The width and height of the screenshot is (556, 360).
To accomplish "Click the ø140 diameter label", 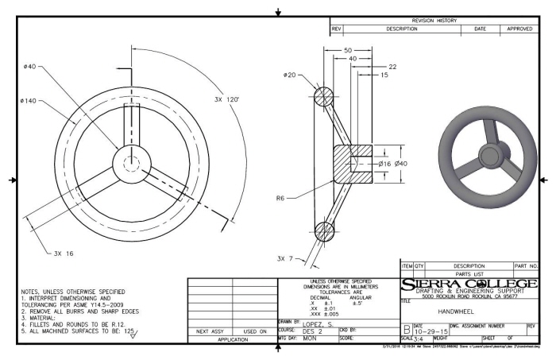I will [22, 101].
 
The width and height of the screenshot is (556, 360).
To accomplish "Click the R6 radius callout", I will [280, 199].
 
